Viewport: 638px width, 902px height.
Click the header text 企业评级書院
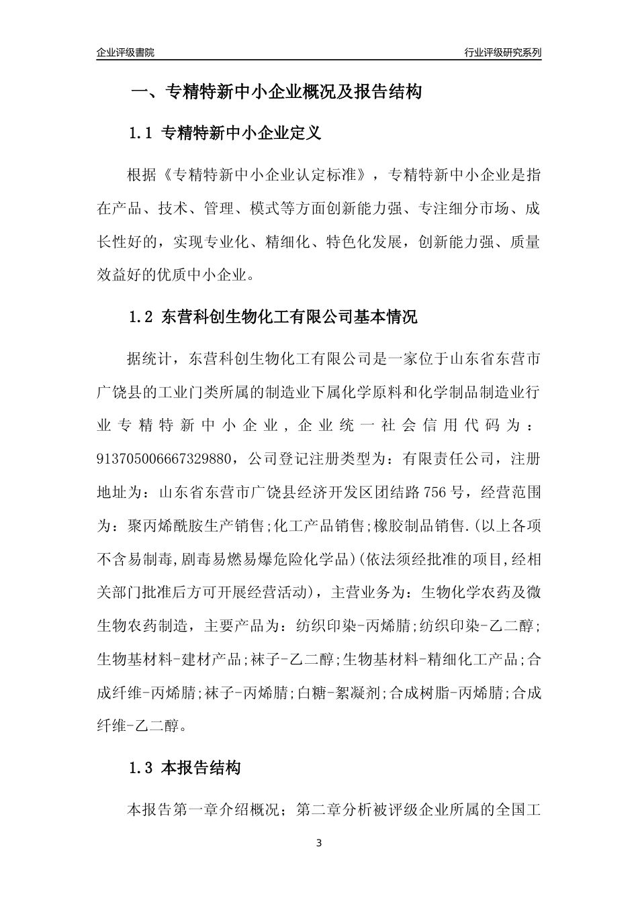126,52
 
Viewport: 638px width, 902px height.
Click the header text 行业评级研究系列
502,52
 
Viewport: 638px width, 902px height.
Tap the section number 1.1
142,133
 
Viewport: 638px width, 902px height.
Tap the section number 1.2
142,316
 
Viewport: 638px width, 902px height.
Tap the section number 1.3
142,768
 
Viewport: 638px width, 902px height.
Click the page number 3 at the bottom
319,843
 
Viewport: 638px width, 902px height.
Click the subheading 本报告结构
201,768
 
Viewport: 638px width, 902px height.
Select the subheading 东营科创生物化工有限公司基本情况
290,316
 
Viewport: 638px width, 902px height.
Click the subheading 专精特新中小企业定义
242,133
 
